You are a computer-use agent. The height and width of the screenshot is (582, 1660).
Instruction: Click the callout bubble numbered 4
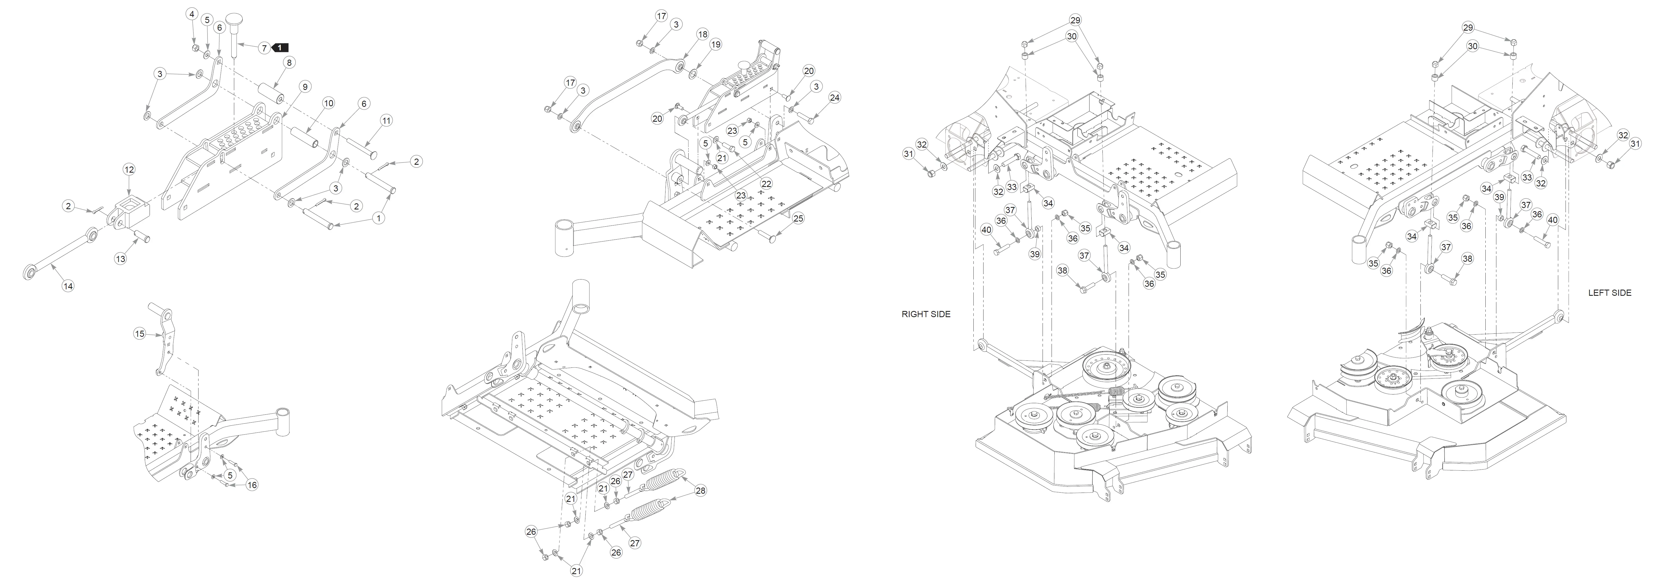pos(192,14)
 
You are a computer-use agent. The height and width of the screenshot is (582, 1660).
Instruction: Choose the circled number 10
pos(329,103)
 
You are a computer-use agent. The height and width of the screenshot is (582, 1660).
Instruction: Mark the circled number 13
pos(121,258)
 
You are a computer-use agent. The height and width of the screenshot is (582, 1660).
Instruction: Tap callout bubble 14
pos(68,286)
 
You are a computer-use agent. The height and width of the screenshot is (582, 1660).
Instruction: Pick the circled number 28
pos(700,490)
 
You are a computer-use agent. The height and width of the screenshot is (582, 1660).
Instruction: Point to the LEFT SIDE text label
pos(1609,293)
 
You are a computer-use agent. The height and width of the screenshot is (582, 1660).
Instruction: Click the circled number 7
pos(263,48)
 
